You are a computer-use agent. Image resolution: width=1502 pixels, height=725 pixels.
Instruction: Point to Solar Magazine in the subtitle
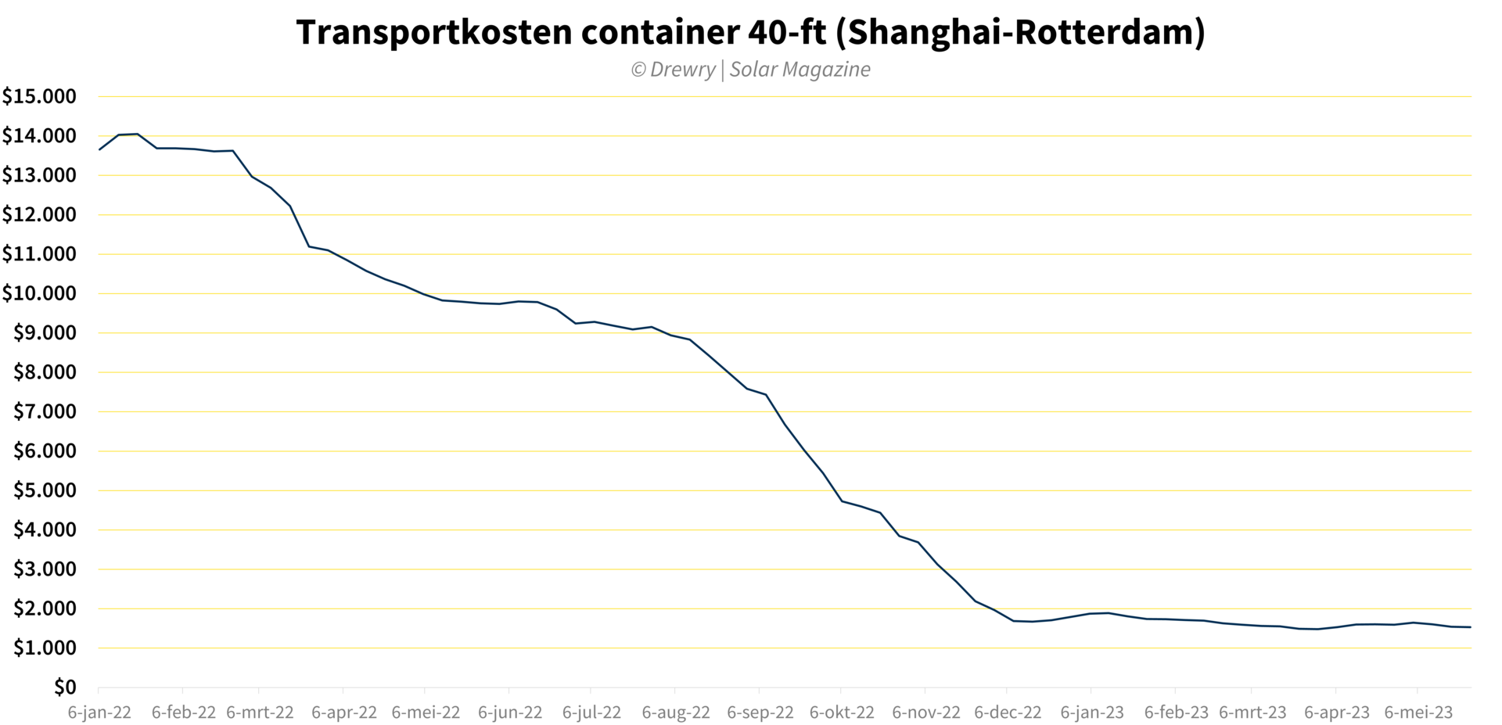click(x=800, y=70)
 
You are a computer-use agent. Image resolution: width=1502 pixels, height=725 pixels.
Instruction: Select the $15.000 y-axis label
click(x=39, y=97)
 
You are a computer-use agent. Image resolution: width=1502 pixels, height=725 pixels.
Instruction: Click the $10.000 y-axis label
click(x=39, y=294)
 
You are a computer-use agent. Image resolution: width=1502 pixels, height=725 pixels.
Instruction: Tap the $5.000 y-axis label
click(x=45, y=490)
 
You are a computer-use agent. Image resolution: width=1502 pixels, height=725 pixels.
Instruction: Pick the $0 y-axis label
click(x=65, y=687)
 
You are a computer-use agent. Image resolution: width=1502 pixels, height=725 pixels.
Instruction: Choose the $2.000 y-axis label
click(x=45, y=608)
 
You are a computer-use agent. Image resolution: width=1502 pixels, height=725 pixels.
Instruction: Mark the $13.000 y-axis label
click(x=39, y=176)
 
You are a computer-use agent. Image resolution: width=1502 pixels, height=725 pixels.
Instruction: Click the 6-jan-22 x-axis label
click(x=99, y=712)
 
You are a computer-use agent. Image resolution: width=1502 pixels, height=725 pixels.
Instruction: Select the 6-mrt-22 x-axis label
click(x=260, y=712)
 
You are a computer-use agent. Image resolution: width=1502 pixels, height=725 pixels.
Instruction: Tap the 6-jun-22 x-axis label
click(x=510, y=712)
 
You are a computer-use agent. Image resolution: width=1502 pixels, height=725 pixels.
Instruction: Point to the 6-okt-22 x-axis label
click(x=842, y=712)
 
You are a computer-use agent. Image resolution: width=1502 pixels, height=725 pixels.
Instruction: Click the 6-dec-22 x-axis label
click(x=1008, y=712)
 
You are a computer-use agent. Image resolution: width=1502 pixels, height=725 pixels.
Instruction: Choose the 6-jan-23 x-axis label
click(x=1092, y=712)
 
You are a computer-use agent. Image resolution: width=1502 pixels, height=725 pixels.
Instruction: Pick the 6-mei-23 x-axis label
click(x=1418, y=712)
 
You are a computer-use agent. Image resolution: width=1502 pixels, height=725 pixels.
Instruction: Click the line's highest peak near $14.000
click(x=138, y=134)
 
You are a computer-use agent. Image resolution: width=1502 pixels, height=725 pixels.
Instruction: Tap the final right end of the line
click(x=1471, y=626)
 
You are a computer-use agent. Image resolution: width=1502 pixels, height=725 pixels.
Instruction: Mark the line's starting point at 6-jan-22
click(x=99, y=149)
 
